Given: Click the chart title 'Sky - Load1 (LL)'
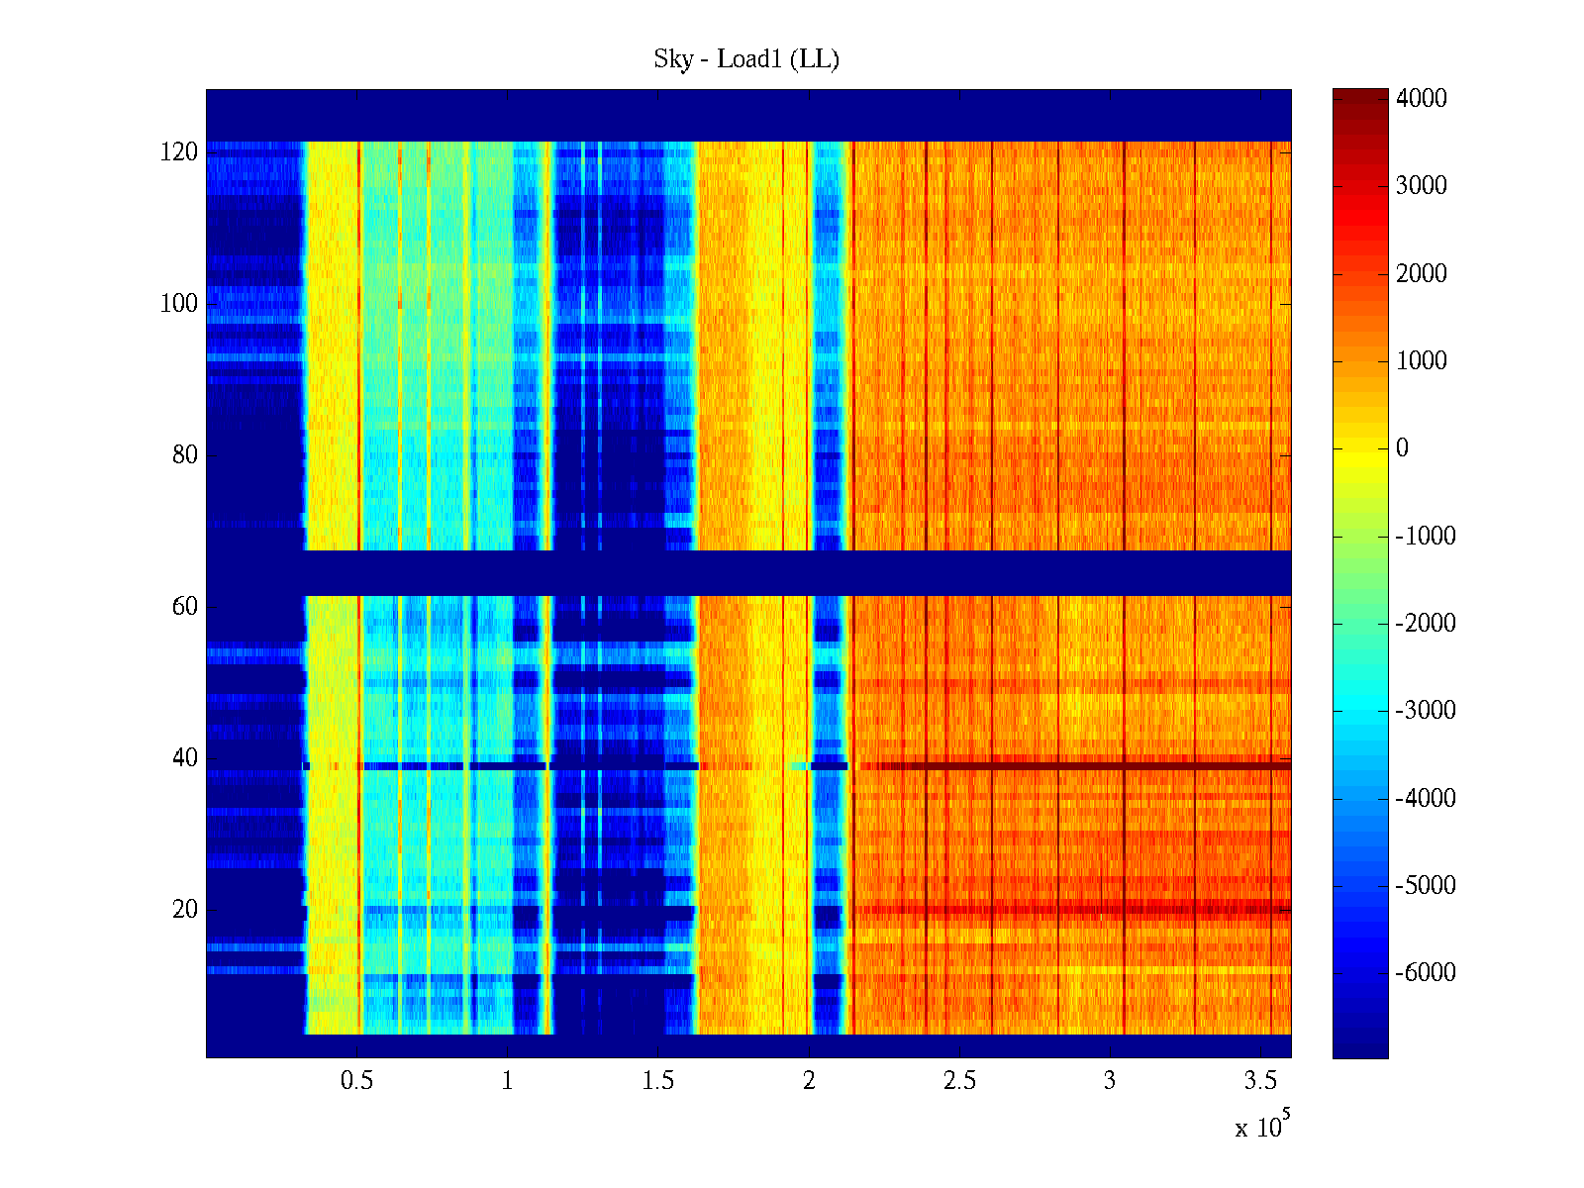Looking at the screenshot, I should (x=746, y=59).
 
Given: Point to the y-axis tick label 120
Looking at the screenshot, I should (x=179, y=152).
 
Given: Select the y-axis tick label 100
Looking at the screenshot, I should (x=179, y=304).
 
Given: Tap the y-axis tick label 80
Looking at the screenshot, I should (x=185, y=455).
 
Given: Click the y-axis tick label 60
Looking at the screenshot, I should (x=185, y=607).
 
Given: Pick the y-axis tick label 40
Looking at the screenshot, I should (x=185, y=758).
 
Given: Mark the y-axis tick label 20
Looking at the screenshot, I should (x=185, y=910).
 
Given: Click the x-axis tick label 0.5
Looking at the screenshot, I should (x=357, y=1081).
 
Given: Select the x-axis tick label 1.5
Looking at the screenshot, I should (x=658, y=1081).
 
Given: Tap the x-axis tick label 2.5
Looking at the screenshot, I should (x=959, y=1081).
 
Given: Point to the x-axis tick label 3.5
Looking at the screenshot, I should (x=1260, y=1081).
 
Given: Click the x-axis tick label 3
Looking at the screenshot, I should (x=1110, y=1081).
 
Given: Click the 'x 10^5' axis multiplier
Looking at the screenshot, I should (x=1261, y=1126).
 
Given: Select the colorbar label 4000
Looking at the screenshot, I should (x=1422, y=99).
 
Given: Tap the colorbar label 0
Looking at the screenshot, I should (x=1402, y=448).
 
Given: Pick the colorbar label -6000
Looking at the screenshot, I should (x=1426, y=973).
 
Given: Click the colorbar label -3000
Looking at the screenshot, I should (x=1426, y=711).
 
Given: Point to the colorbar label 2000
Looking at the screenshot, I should (x=1422, y=274).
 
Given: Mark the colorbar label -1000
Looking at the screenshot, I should (x=1426, y=537).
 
